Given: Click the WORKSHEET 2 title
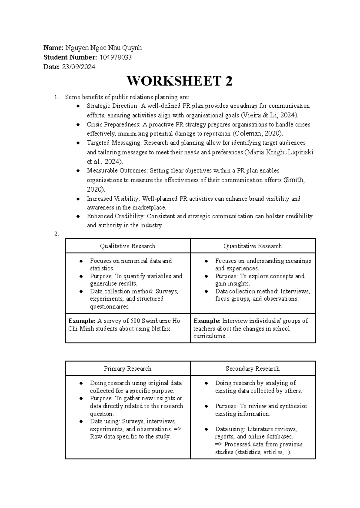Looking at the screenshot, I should point(179,81).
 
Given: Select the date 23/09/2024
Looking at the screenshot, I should point(79,67).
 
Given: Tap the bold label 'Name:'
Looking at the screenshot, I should point(53,48).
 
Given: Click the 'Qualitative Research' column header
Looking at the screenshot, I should point(127,246).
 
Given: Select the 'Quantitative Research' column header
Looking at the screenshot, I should point(253,246).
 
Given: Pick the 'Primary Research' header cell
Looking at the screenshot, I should point(127,369).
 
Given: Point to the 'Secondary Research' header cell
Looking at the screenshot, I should point(253,369).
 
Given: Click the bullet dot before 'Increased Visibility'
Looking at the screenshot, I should point(78,199).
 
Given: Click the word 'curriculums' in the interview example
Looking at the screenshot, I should point(209,336).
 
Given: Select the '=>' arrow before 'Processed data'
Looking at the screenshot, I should point(219,444).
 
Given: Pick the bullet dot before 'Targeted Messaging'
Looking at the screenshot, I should point(78,143).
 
